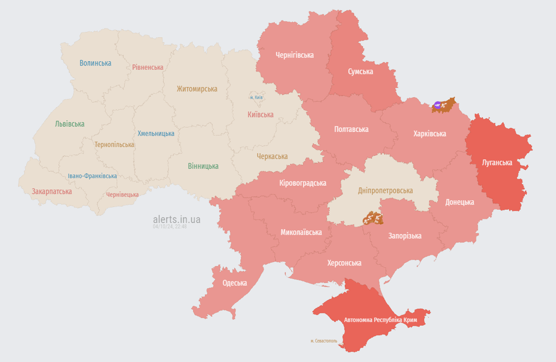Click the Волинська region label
(95, 63)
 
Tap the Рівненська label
(147, 67)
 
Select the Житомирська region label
(197, 89)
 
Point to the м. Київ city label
(256, 98)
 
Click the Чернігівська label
(294, 55)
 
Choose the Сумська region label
(360, 72)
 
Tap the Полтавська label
(351, 129)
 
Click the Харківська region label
(430, 134)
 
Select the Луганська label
(497, 163)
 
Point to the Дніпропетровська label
(385, 190)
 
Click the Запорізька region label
(405, 236)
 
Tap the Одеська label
(235, 283)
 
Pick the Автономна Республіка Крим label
(380, 320)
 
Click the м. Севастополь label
(324, 341)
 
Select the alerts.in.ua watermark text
(177, 219)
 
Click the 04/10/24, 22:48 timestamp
(170, 227)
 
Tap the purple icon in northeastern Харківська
(438, 105)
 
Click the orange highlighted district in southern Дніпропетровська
(372, 218)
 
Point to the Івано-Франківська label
(92, 176)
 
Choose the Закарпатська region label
(52, 191)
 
